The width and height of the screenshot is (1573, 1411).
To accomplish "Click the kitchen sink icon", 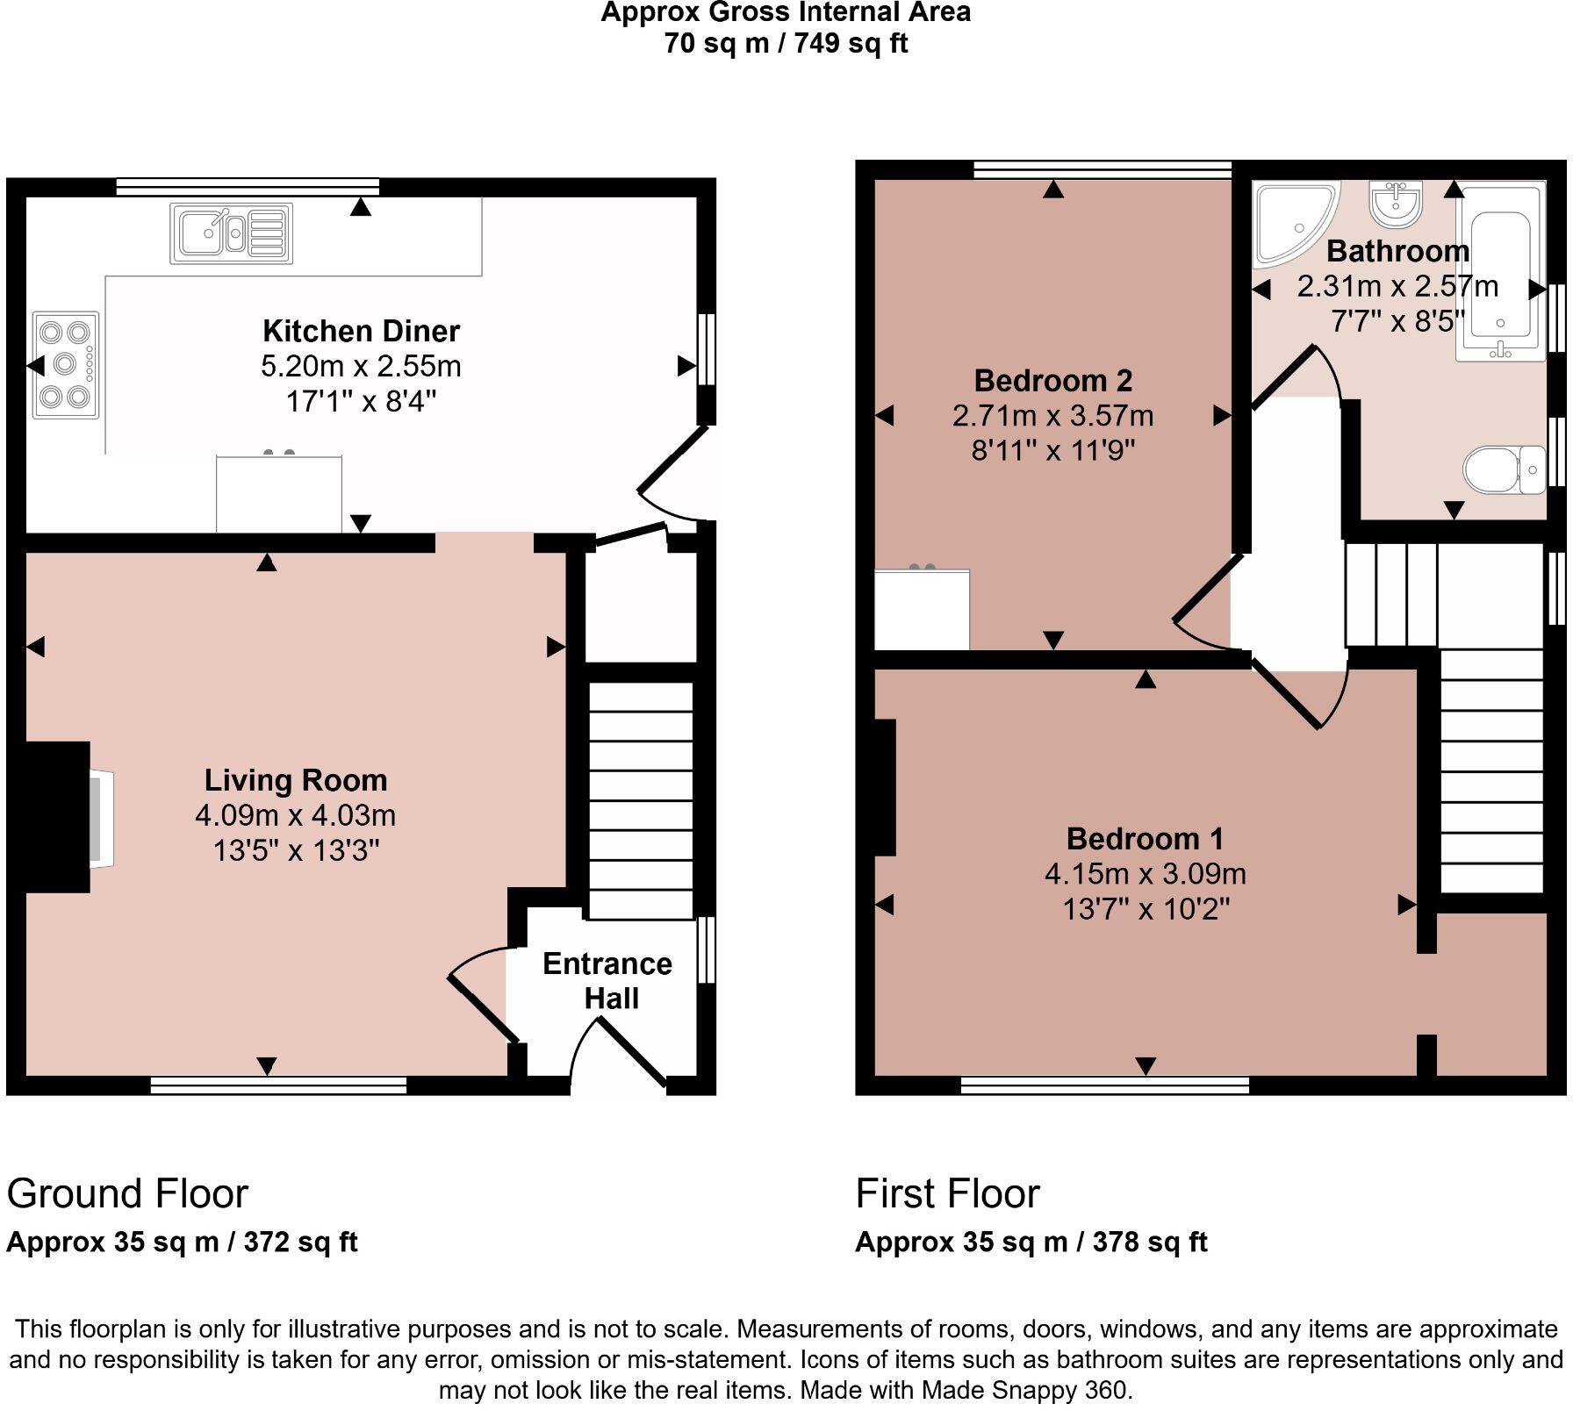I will pos(231,233).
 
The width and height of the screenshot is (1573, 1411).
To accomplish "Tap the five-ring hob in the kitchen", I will pos(66,364).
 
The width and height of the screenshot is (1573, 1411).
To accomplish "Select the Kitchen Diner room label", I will pos(361,331).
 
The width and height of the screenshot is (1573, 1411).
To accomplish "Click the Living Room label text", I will pos(296,780).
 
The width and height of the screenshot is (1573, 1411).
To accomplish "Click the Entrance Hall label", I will pos(607,981).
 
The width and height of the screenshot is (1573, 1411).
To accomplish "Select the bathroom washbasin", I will pos(1395,204).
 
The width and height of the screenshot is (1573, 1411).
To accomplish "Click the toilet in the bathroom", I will pos(1503,470).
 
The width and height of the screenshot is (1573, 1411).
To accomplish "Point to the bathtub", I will pos(1500,272).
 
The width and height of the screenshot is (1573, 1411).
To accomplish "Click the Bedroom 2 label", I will pos(1052,381).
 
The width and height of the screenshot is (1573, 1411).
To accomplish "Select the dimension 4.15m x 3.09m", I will pos(1145,874).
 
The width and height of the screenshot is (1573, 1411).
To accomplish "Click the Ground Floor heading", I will pos(127,1194).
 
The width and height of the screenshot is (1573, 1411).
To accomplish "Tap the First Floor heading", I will pos(947,1194).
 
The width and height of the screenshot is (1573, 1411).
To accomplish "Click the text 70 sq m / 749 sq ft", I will pos(786,43).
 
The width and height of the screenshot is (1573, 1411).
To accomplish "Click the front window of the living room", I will pos(278,1086).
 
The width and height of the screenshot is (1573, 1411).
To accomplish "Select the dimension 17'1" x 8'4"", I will pos(361,402).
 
